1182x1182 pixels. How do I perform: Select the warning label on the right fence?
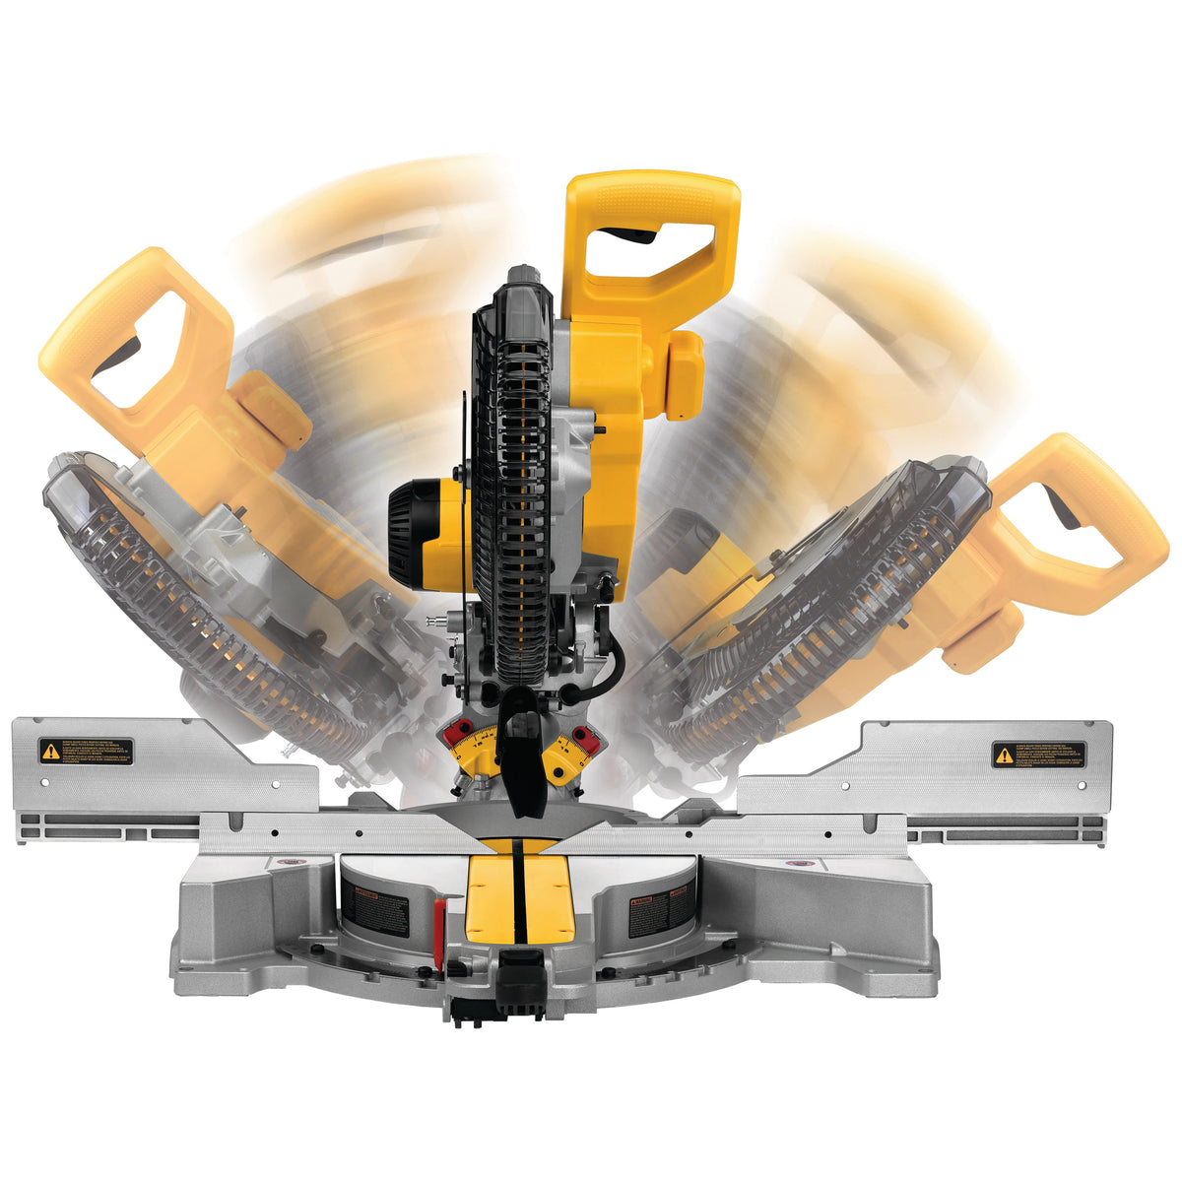coord(1038,755)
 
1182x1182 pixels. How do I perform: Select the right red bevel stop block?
coord(584,736)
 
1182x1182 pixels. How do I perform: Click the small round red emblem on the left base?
coord(290,864)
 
